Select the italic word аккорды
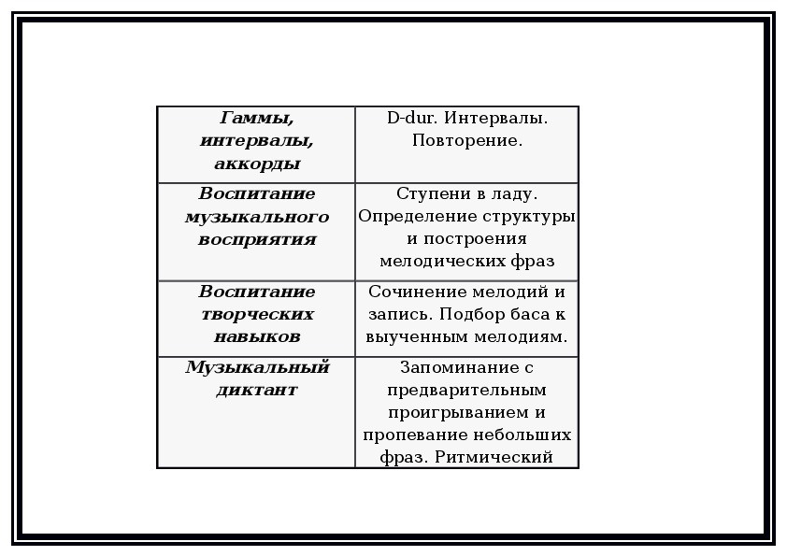pyautogui.click(x=257, y=164)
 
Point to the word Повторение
pyautogui.click(x=467, y=140)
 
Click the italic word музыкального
pyautogui.click(x=257, y=217)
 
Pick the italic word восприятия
pyautogui.click(x=257, y=239)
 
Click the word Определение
pyautogui.click(x=418, y=216)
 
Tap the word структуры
pyautogui.click(x=528, y=217)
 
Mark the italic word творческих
pyautogui.click(x=257, y=315)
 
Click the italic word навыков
pyautogui.click(x=257, y=336)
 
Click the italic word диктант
pyautogui.click(x=257, y=390)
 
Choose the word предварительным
pyautogui.click(x=466, y=391)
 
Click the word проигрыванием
pyautogui.click(x=459, y=413)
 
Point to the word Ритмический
pyautogui.click(x=494, y=457)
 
